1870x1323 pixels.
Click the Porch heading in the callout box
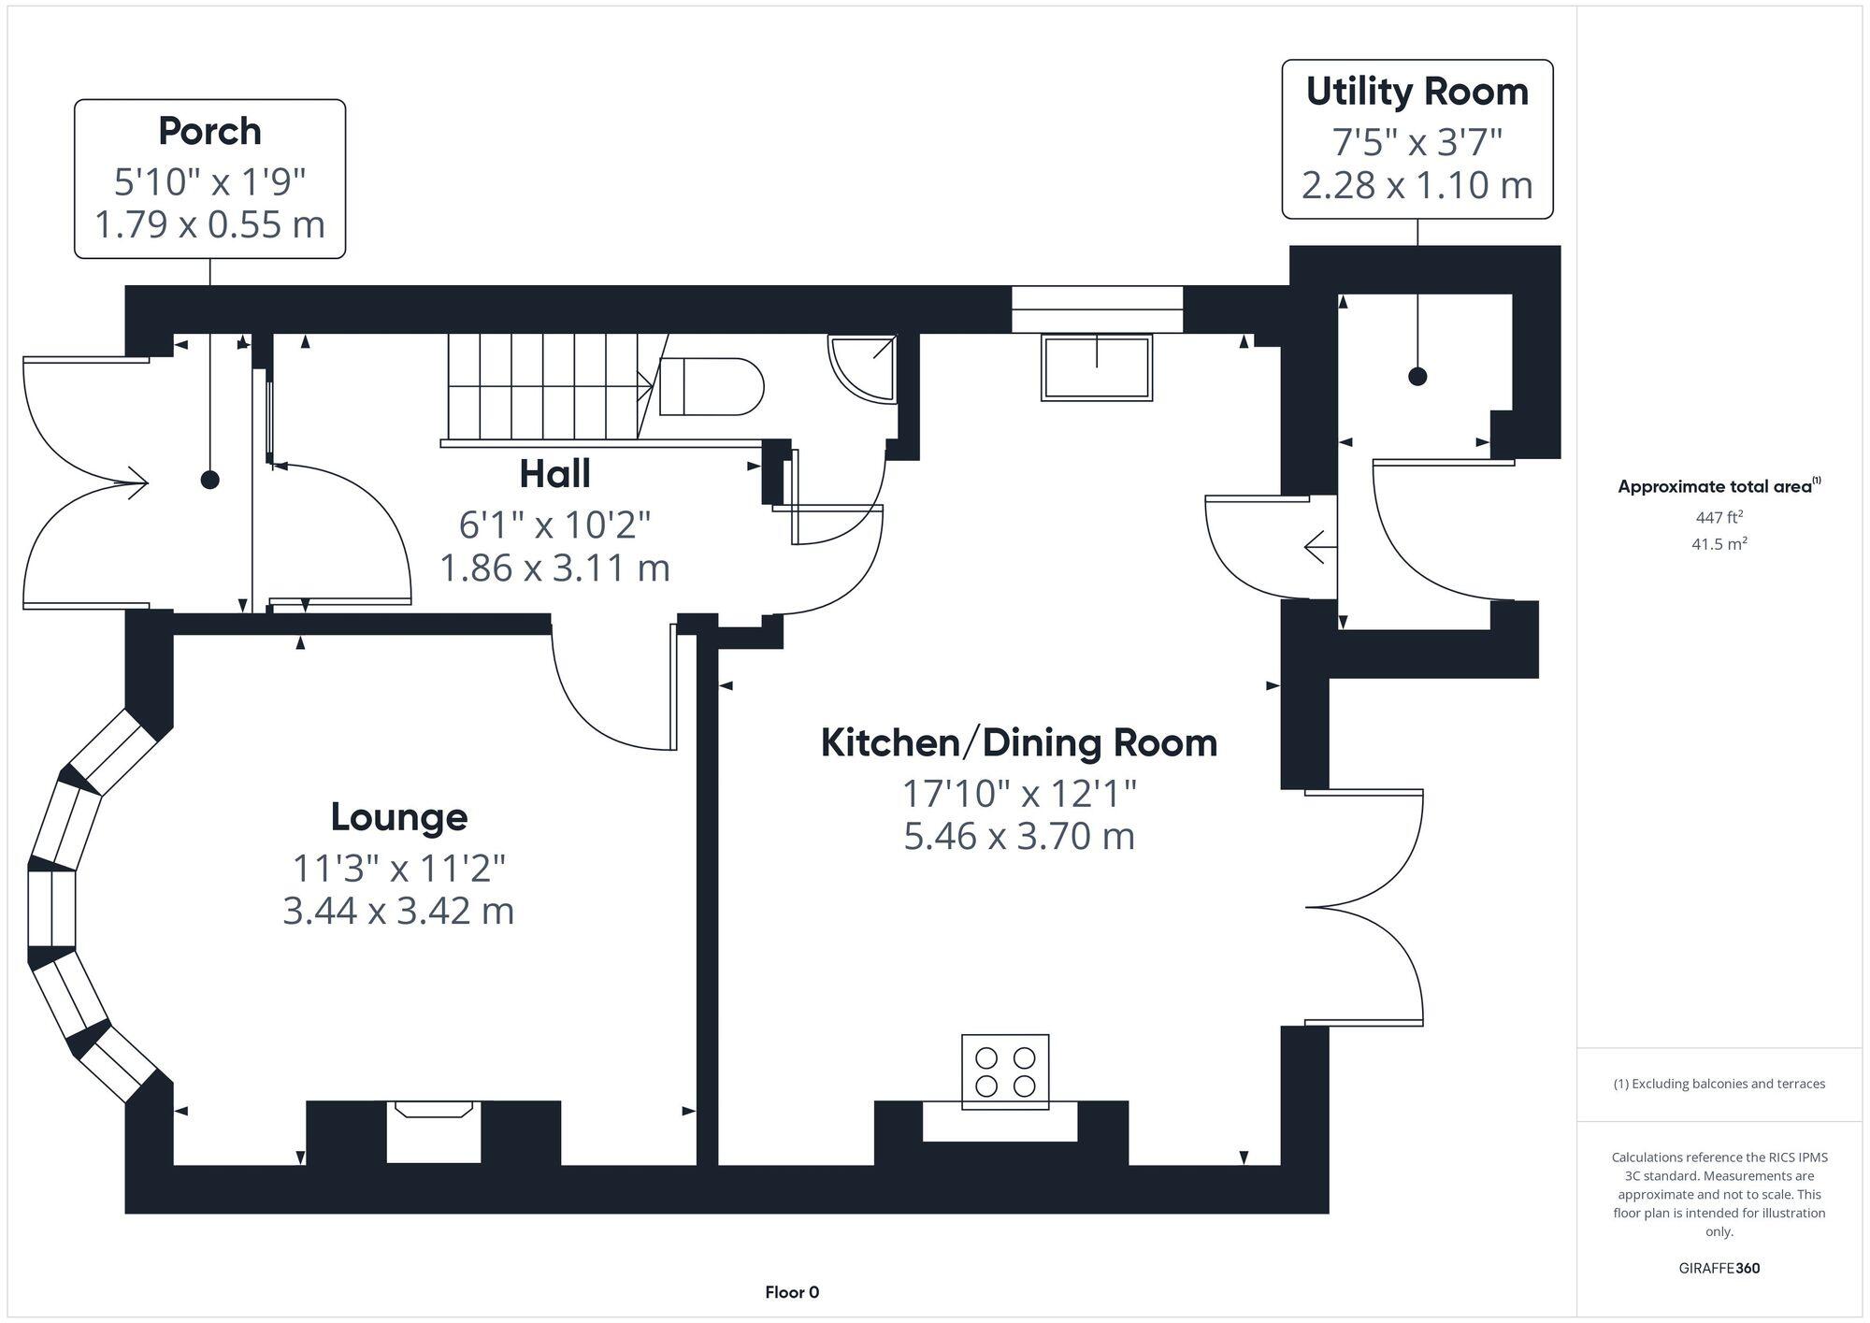209,131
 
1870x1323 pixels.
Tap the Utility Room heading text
1417,92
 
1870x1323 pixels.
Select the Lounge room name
399,817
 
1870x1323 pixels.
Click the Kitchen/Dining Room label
1019,743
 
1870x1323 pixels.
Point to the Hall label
554,474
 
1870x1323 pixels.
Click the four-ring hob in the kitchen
1005,1071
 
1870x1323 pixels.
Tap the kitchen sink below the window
1097,368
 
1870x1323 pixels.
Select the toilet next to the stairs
711,386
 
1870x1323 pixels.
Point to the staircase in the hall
547,385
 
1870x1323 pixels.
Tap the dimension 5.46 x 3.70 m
1019,836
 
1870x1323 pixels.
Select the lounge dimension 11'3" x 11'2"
399,869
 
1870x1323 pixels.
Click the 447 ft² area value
1719,517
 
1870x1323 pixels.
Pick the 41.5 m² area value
1719,544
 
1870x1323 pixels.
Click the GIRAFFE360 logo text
1719,1269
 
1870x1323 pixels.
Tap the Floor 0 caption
792,1293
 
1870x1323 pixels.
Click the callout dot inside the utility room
1417,377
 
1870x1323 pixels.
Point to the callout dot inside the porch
210,480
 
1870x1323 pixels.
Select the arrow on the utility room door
1318,547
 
